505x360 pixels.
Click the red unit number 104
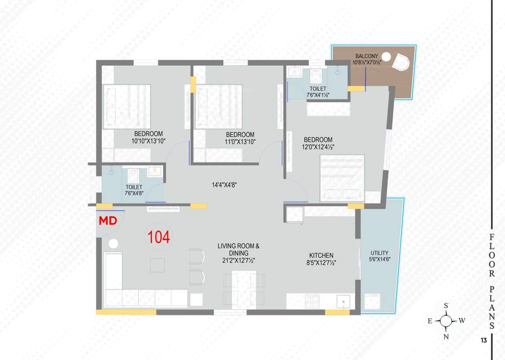point(159,237)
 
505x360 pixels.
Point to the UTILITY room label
point(379,253)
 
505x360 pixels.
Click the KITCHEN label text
point(321,255)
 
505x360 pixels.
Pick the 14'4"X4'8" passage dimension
point(224,185)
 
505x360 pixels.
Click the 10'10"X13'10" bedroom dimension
point(149,141)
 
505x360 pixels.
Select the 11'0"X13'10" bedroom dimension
point(240,142)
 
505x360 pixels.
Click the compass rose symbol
point(446,321)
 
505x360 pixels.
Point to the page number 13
point(483,340)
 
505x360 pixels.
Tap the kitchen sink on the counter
point(343,301)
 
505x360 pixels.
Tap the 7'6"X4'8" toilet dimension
point(134,193)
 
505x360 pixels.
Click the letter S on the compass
point(446,306)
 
